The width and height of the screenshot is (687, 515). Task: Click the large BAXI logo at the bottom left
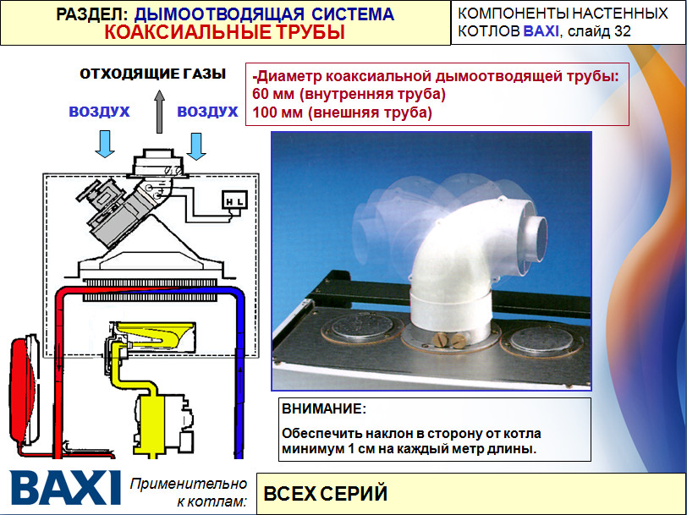65,487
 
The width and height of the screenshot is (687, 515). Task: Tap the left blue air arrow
105,144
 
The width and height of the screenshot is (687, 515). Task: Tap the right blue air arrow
195,146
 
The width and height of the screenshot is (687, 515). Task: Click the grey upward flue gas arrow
159,112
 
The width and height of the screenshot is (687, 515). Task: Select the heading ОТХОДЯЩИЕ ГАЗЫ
152,74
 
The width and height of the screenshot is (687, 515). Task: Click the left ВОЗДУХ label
100,112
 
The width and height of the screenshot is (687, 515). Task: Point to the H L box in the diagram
235,202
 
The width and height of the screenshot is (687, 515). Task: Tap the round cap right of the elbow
541,340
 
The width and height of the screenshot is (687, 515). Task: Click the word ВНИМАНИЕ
323,409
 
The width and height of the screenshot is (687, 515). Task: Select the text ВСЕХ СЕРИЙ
326,494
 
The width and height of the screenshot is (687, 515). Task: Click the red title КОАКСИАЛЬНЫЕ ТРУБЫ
225,32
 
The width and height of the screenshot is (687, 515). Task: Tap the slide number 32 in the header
622,31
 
